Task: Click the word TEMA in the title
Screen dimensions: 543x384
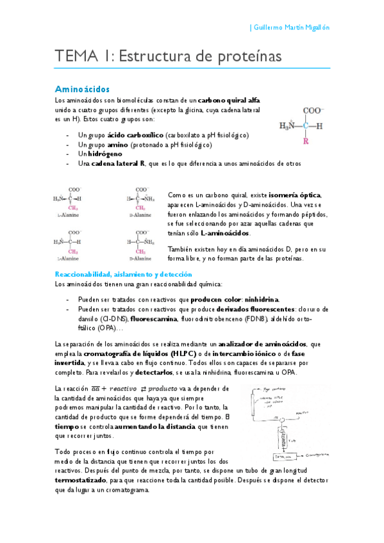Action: [x=74, y=56]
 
